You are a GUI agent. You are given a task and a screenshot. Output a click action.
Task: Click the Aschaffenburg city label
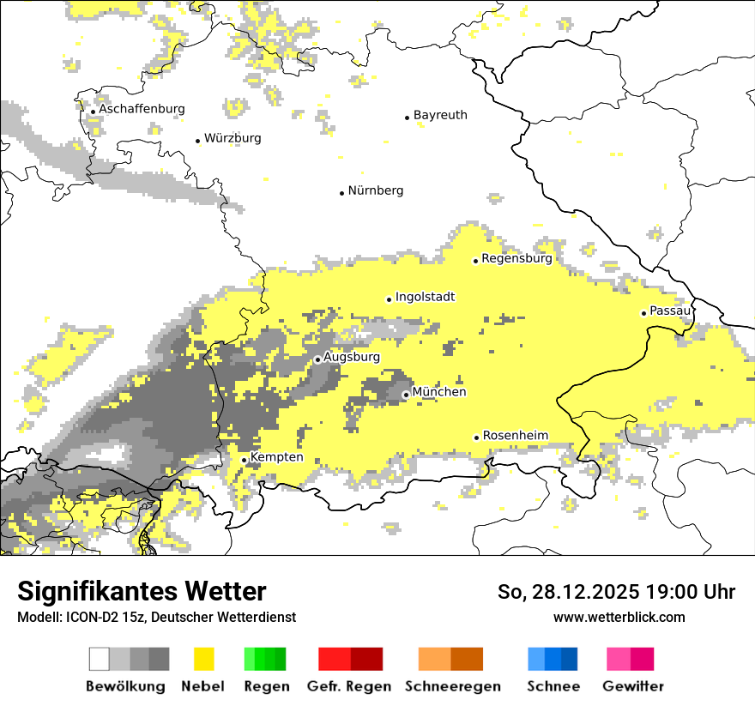click(x=142, y=109)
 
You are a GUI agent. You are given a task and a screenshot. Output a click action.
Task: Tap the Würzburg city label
click(x=233, y=138)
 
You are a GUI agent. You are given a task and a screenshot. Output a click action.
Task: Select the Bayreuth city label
click(x=440, y=115)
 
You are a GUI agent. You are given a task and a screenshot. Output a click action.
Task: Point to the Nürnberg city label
click(x=376, y=190)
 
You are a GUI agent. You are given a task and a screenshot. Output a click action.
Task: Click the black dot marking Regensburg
click(x=476, y=261)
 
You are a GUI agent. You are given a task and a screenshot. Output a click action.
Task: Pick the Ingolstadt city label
click(x=425, y=297)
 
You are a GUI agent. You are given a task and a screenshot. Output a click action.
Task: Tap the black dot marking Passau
click(x=643, y=313)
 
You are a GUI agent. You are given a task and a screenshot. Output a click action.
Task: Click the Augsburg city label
click(x=351, y=357)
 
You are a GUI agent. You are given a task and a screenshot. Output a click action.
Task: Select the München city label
click(x=439, y=392)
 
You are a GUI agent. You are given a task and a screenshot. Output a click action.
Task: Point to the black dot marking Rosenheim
click(x=477, y=437)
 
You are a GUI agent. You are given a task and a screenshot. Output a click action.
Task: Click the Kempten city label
click(x=277, y=457)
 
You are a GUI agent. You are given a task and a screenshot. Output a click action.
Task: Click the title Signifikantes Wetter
click(x=142, y=592)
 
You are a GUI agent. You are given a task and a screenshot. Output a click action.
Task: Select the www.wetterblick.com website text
click(x=619, y=617)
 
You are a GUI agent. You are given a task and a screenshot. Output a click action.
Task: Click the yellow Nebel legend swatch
click(x=204, y=659)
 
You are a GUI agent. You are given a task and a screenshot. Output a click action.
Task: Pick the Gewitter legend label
click(x=633, y=686)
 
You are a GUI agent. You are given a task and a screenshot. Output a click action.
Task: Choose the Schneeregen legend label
click(x=453, y=686)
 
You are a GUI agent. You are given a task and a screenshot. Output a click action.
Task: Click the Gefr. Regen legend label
click(x=349, y=686)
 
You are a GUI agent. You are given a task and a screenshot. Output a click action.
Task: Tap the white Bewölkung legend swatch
click(x=100, y=659)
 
